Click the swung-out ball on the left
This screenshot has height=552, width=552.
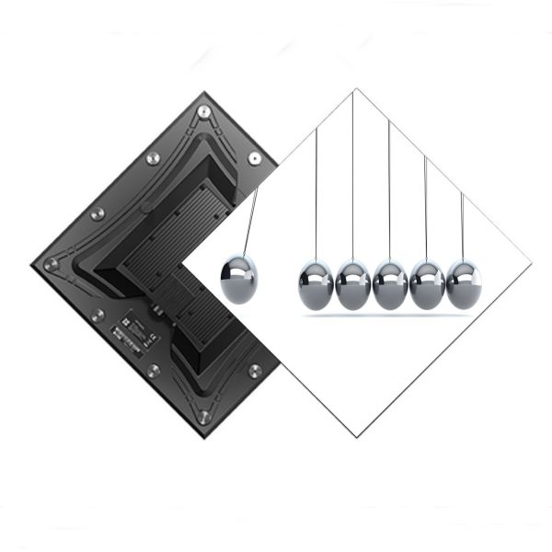240,280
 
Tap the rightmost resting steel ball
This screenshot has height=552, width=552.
463,284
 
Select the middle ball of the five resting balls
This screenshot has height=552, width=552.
390,284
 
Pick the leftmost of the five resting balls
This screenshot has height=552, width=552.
316,284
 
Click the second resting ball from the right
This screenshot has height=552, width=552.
427,284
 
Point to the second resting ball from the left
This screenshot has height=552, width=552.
353,284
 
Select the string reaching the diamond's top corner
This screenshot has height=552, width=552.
353,175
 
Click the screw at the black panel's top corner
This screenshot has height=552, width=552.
203,112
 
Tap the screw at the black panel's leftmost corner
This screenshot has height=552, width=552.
52,264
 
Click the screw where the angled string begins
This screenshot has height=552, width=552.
255,158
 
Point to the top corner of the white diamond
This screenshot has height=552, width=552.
354,89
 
